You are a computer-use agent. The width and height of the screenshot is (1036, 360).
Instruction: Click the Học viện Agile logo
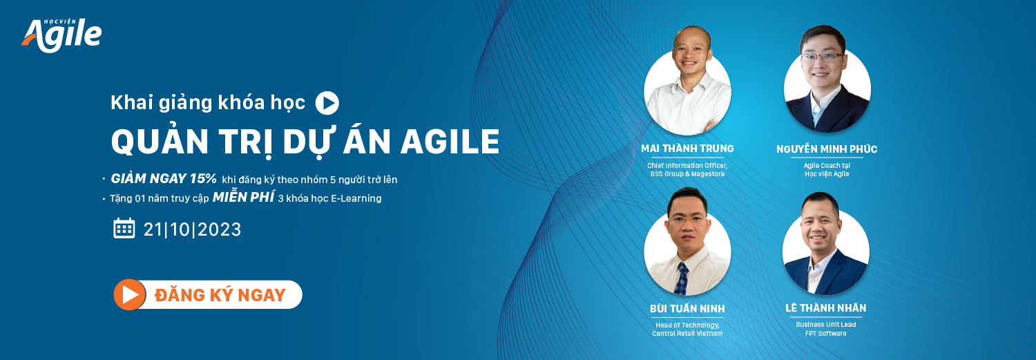coord(62,35)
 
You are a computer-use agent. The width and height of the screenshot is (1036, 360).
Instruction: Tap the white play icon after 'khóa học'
coord(327,103)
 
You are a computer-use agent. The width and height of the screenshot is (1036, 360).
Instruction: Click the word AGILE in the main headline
coord(450,142)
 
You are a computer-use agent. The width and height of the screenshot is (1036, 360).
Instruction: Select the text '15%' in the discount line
coord(203,178)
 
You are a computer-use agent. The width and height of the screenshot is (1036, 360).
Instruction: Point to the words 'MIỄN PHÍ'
coord(243,197)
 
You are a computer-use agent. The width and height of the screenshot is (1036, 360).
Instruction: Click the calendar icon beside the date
coord(124,228)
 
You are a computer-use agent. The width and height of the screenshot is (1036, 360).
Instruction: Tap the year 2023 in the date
coord(219,230)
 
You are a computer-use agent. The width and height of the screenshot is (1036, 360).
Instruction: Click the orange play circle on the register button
coord(130,294)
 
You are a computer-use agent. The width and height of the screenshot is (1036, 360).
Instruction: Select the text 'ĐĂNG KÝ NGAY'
coord(220,295)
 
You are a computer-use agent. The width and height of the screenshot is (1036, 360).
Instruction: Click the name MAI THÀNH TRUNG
coord(687,149)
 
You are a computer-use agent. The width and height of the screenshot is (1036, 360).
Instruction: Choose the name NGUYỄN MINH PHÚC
coord(827,149)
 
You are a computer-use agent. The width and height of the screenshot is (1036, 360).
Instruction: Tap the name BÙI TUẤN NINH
coord(687,309)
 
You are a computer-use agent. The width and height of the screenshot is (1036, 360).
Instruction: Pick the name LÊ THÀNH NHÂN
coord(825,307)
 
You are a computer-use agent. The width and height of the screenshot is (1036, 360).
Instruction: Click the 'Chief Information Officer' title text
coord(687,166)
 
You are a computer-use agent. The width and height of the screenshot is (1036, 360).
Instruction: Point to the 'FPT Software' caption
coord(825,333)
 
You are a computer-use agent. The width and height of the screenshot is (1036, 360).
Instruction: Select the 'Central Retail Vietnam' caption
coord(687,334)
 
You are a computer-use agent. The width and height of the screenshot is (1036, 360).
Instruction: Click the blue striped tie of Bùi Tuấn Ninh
coord(681,278)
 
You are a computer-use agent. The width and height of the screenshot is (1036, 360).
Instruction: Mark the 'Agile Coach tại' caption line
coord(827,166)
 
